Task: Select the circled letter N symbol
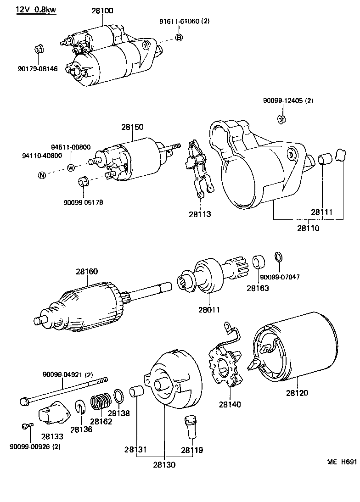click(41, 175)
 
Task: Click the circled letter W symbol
click(71, 167)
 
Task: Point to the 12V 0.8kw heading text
click(36, 10)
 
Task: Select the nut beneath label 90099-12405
click(282, 120)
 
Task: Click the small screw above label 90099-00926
click(26, 426)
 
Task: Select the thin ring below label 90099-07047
click(278, 257)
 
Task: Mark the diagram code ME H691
click(341, 463)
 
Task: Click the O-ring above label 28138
click(118, 395)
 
